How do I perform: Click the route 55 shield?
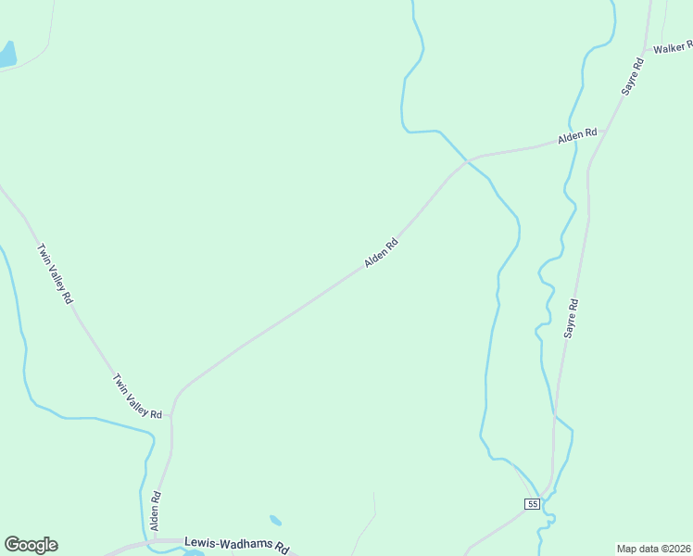pyautogui.click(x=531, y=503)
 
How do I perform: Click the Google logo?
pyautogui.click(x=31, y=545)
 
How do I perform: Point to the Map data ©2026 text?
pyautogui.click(x=654, y=548)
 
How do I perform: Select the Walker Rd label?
pyautogui.click(x=672, y=47)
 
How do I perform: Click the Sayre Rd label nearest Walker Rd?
pyautogui.click(x=633, y=77)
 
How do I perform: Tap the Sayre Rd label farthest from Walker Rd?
pyautogui.click(x=572, y=318)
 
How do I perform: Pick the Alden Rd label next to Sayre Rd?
pyautogui.click(x=577, y=136)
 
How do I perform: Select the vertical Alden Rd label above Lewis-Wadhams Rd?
pyautogui.click(x=157, y=511)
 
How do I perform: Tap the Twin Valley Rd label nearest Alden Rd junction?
pyautogui.click(x=138, y=396)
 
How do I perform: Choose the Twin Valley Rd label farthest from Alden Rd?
pyautogui.click(x=55, y=274)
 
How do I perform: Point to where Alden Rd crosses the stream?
pyautogui.click(x=468, y=160)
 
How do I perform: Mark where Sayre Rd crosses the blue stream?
pyautogui.click(x=555, y=416)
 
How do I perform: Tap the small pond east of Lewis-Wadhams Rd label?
pyautogui.click(x=275, y=521)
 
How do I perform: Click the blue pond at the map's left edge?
pyautogui.click(x=6, y=55)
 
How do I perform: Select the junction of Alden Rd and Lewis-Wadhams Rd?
pyautogui.click(x=155, y=539)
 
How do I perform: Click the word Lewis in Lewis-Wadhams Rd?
pyautogui.click(x=201, y=542)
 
